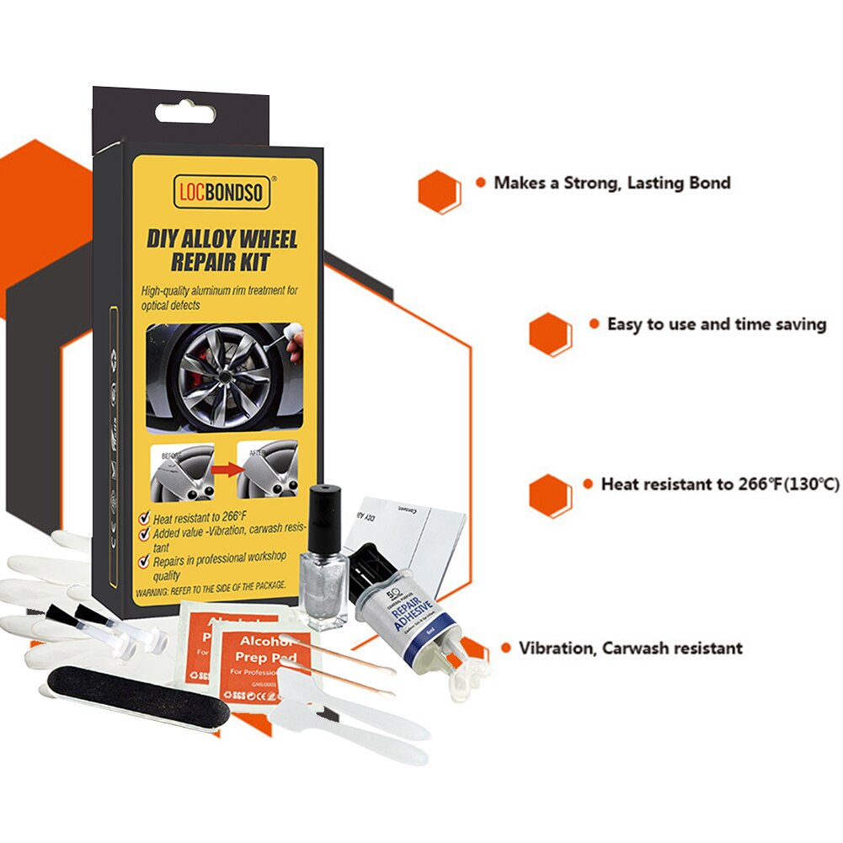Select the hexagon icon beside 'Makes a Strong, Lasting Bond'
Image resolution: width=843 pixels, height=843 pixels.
(x=439, y=192)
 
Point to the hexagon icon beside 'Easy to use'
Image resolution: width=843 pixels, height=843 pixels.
(x=550, y=333)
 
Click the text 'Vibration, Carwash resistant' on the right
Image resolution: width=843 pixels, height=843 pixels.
(x=630, y=648)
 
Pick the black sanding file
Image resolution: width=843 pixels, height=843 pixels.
(x=135, y=695)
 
